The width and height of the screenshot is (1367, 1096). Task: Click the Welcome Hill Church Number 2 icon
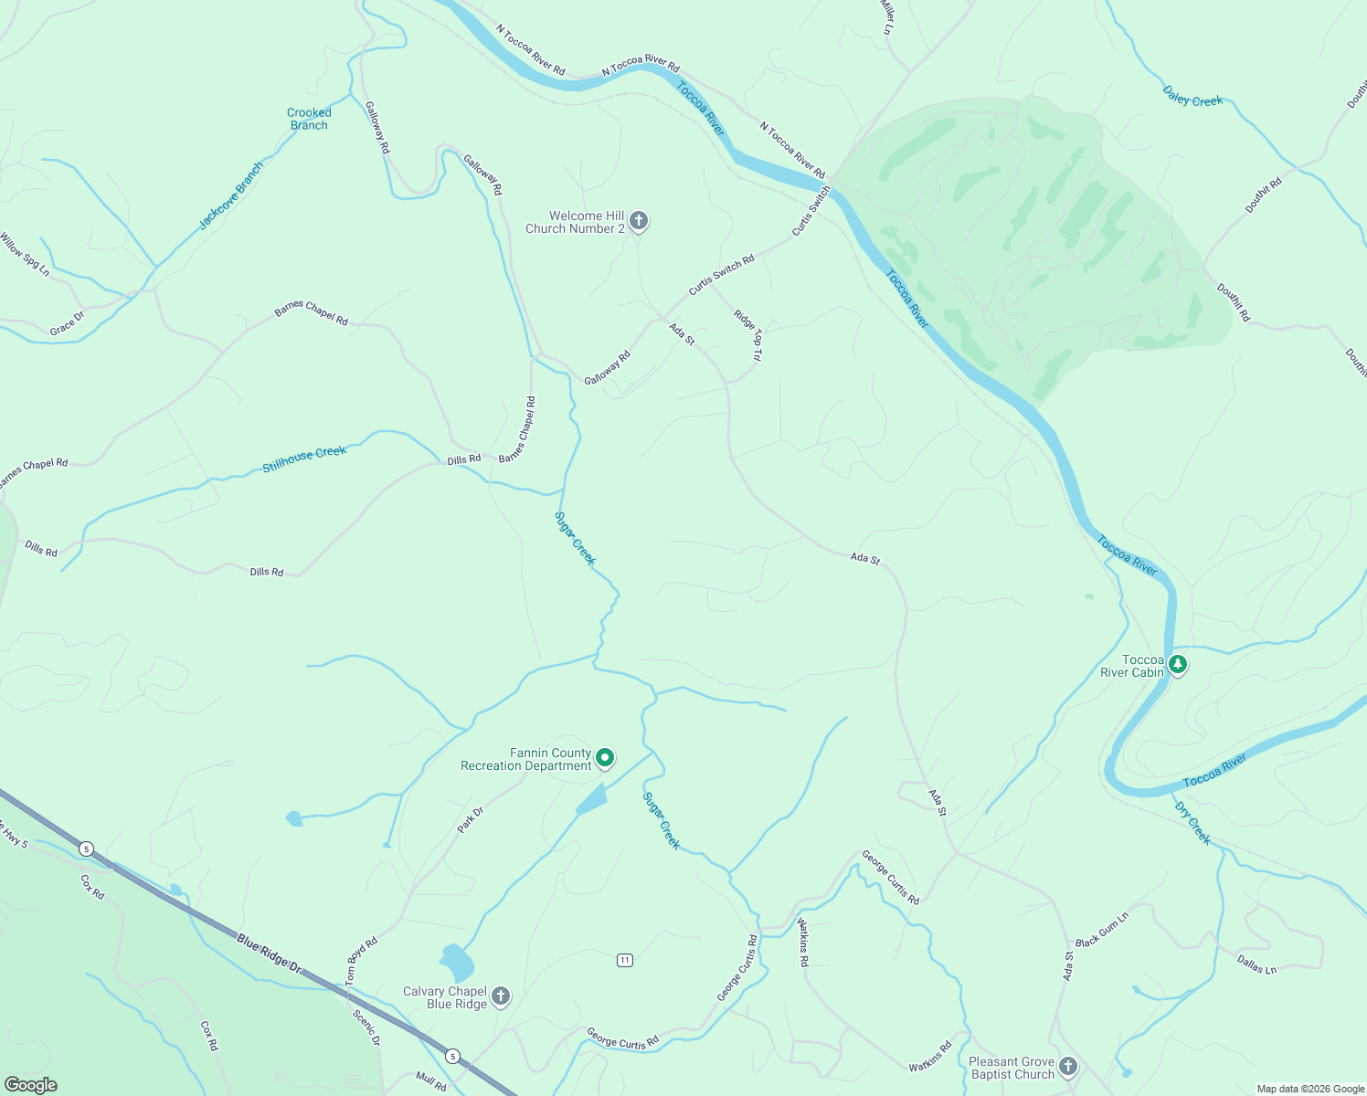coord(639,220)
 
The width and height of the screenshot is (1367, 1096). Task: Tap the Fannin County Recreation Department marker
coord(604,757)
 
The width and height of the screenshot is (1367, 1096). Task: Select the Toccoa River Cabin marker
coord(1178,664)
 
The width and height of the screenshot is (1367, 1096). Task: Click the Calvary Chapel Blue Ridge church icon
coord(500,996)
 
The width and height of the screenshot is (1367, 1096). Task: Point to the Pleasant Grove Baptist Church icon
coord(1067,1066)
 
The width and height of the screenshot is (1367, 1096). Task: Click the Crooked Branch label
coord(309,119)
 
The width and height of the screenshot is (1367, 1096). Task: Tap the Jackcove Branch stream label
coord(231,195)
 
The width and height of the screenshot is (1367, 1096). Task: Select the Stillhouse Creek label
coord(304,458)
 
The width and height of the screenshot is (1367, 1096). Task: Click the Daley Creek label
coord(1192,97)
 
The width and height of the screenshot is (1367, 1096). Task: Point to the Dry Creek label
coord(1192,823)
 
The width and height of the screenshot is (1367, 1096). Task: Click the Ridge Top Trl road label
coord(747,334)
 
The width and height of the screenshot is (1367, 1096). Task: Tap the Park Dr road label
coord(471,819)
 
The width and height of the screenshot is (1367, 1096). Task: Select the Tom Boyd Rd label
coord(361,961)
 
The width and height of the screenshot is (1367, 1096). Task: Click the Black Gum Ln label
coord(1102,930)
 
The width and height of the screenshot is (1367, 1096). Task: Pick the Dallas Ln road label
coord(1256,964)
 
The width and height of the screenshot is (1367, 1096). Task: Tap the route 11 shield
coord(624,960)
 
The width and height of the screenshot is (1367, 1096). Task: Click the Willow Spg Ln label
coord(25,255)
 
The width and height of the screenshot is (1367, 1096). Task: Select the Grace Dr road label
coord(67,323)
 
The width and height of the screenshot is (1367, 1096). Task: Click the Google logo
coord(30,1085)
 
